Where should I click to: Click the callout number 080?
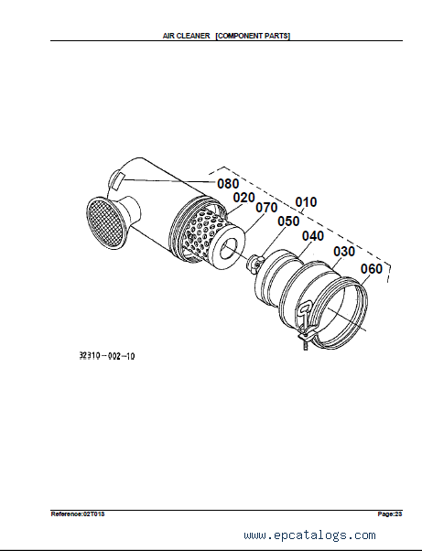[x=228, y=183]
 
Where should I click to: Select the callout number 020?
[x=243, y=198]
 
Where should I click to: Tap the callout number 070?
[x=266, y=208]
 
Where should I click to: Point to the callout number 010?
[x=306, y=202]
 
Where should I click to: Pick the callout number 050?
[x=288, y=221]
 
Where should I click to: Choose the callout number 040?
[x=313, y=236]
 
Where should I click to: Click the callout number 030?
[x=344, y=252]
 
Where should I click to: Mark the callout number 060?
[x=372, y=269]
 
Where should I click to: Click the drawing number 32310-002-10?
[x=107, y=356]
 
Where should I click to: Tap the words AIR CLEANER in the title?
[x=186, y=36]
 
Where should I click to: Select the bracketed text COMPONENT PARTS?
[x=253, y=36]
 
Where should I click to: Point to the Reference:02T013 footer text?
[x=78, y=514]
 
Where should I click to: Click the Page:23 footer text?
[x=390, y=514]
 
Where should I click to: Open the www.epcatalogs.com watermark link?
[x=309, y=535]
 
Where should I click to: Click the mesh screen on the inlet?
[x=106, y=222]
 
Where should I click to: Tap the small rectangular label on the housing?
[x=117, y=180]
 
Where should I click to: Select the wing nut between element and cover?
[x=255, y=263]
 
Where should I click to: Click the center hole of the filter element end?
[x=229, y=247]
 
